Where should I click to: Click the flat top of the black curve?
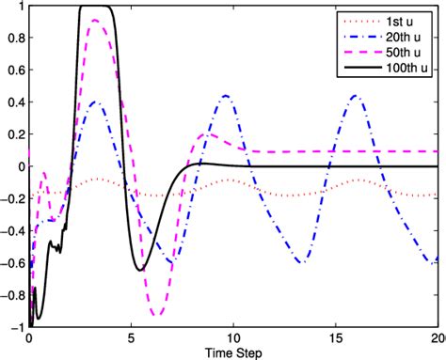coord(95,7)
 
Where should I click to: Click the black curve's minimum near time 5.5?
coord(141,270)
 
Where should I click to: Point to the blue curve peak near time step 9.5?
coord(226,96)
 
